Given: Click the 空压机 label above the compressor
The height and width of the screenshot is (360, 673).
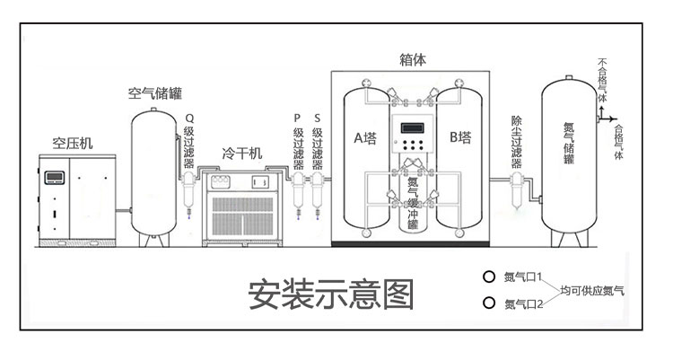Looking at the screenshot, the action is coord(73,143).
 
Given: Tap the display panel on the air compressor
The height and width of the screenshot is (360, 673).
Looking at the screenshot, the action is coord(55,178).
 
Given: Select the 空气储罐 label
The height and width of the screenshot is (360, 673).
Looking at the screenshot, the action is coord(155,93).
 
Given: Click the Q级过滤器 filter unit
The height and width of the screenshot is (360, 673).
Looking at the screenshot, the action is coord(188,190).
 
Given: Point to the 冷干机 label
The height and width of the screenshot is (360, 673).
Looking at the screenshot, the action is coord(241,154).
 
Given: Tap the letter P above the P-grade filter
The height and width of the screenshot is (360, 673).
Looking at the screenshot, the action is coord(297,119).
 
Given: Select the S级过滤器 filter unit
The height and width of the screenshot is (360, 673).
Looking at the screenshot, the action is coord(317,191).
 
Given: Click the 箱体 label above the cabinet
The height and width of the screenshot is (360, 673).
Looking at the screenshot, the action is coord(413,60).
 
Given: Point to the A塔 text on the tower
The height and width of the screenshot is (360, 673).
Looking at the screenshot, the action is coord(365,138).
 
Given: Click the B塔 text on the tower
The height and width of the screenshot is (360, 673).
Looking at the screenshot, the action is coord(460,137).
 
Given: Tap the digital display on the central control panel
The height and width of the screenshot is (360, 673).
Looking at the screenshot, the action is coord(413,128).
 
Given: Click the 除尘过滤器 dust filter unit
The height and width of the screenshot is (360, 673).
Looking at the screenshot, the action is coord(517,190).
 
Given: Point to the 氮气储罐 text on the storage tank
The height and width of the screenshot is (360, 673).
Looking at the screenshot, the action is coord(569,144).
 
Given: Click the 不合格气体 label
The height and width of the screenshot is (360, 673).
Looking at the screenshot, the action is coord(603,80).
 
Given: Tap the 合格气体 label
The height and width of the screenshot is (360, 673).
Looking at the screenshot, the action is coord(618,142).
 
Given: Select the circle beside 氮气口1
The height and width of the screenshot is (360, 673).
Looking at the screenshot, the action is coord(488,277).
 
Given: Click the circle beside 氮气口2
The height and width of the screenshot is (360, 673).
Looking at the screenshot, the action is coord(488,303).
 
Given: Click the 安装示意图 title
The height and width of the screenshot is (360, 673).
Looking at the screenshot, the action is coord(331,294).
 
